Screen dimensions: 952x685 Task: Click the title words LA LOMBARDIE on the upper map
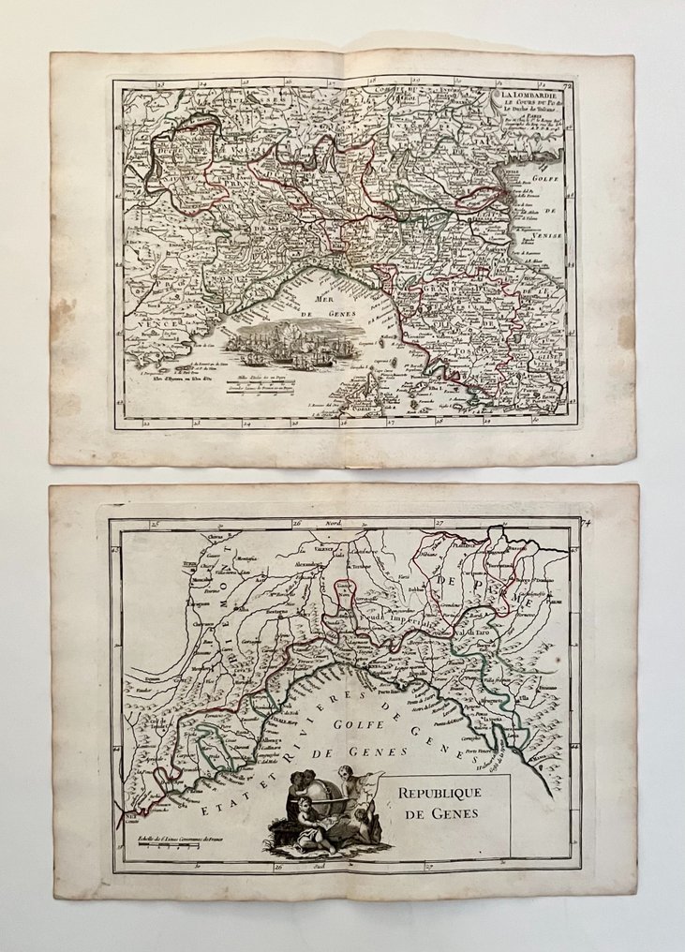coord(532,96)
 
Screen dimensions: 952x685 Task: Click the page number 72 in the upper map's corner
coord(568,85)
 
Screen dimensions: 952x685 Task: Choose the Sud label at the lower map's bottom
coord(330,868)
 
